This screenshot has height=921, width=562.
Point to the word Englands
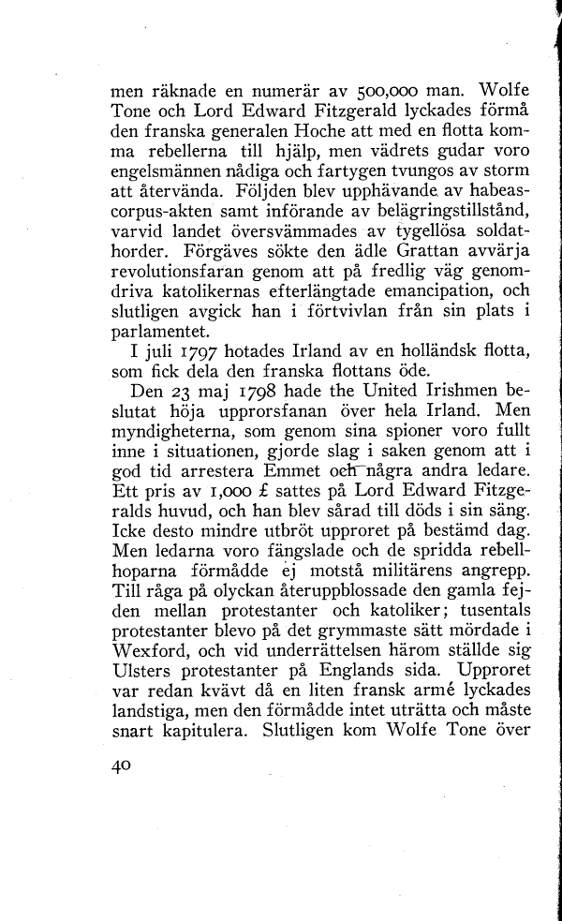tap(392, 671)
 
